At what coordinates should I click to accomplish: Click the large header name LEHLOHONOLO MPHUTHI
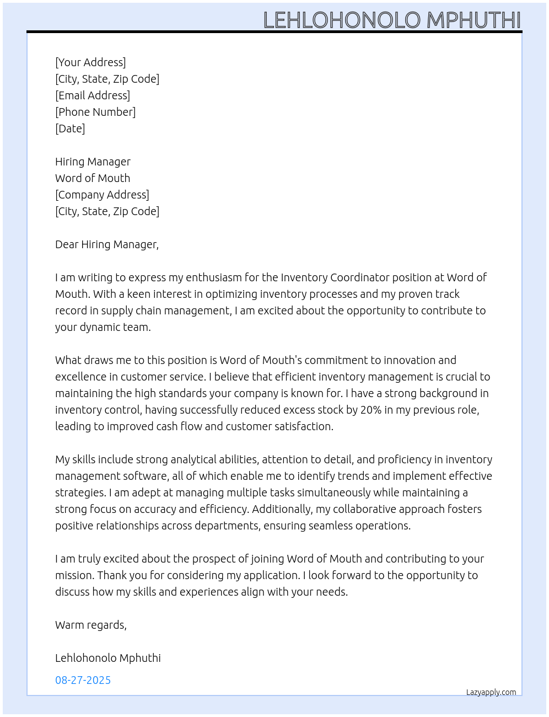coord(392,20)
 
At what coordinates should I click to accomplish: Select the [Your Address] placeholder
coord(90,62)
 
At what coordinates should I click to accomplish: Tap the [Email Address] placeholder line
coord(93,95)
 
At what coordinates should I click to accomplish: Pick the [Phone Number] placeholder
coord(95,112)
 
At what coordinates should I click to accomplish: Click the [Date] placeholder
coord(70,129)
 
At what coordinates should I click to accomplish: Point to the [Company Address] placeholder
coord(102,195)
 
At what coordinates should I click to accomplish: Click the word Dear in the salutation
coord(66,244)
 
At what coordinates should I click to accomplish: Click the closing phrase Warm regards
coord(91,625)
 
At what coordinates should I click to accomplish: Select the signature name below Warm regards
coord(108,658)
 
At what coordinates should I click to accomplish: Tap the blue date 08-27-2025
coord(83,680)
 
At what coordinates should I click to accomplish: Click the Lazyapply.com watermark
coord(491,692)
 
